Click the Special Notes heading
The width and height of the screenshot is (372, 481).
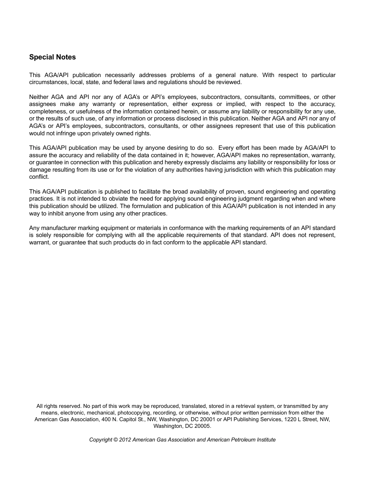coord(52,57)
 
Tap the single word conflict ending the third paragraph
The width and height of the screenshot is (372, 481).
coord(39,177)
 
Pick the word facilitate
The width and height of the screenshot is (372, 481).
coord(149,192)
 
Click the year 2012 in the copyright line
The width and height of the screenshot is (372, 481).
coord(125,440)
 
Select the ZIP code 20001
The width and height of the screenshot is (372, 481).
coord(209,420)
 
